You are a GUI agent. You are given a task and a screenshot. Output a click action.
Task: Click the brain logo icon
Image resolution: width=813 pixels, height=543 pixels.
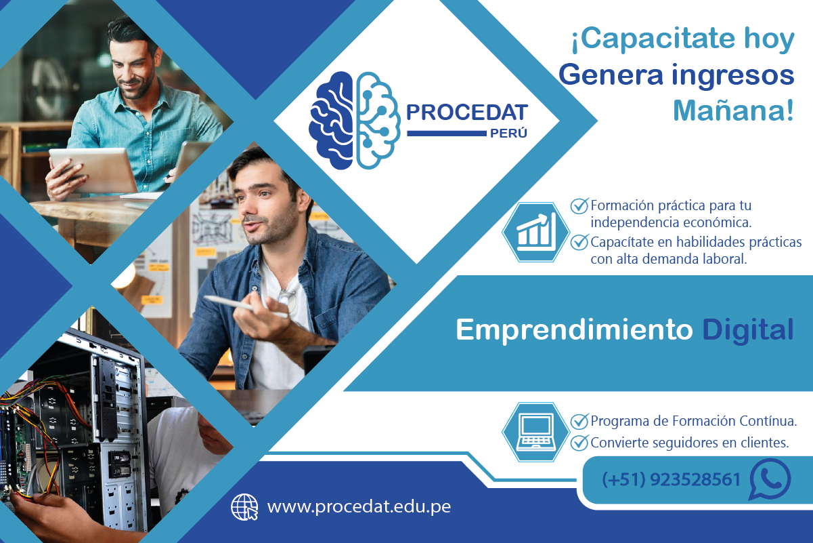point(353,120)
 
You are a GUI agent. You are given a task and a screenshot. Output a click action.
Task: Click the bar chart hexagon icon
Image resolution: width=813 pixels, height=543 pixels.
point(535,232)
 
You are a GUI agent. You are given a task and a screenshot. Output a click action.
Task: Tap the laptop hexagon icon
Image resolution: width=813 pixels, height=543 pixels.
point(535,431)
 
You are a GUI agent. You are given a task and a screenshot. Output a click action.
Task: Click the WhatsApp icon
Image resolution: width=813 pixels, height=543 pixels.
point(770,479)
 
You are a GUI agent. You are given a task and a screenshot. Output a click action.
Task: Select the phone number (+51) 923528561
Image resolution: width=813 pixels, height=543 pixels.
point(671,480)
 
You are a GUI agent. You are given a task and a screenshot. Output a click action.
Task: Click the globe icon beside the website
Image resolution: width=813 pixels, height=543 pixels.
point(245,506)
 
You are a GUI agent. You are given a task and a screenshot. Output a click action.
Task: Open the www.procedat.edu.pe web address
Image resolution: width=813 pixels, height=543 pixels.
point(359,506)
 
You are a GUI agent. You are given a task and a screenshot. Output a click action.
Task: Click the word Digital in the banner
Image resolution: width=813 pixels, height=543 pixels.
point(747,329)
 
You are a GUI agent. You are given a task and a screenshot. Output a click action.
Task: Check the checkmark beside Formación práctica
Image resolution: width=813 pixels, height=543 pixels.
point(579,205)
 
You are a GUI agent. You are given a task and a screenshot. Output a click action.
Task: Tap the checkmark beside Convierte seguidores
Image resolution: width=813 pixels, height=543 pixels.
point(579,443)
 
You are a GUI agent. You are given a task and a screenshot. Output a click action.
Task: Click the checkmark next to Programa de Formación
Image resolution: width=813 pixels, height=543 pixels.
point(579,421)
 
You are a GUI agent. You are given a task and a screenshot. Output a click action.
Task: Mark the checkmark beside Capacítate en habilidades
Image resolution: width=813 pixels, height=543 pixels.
point(579,241)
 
